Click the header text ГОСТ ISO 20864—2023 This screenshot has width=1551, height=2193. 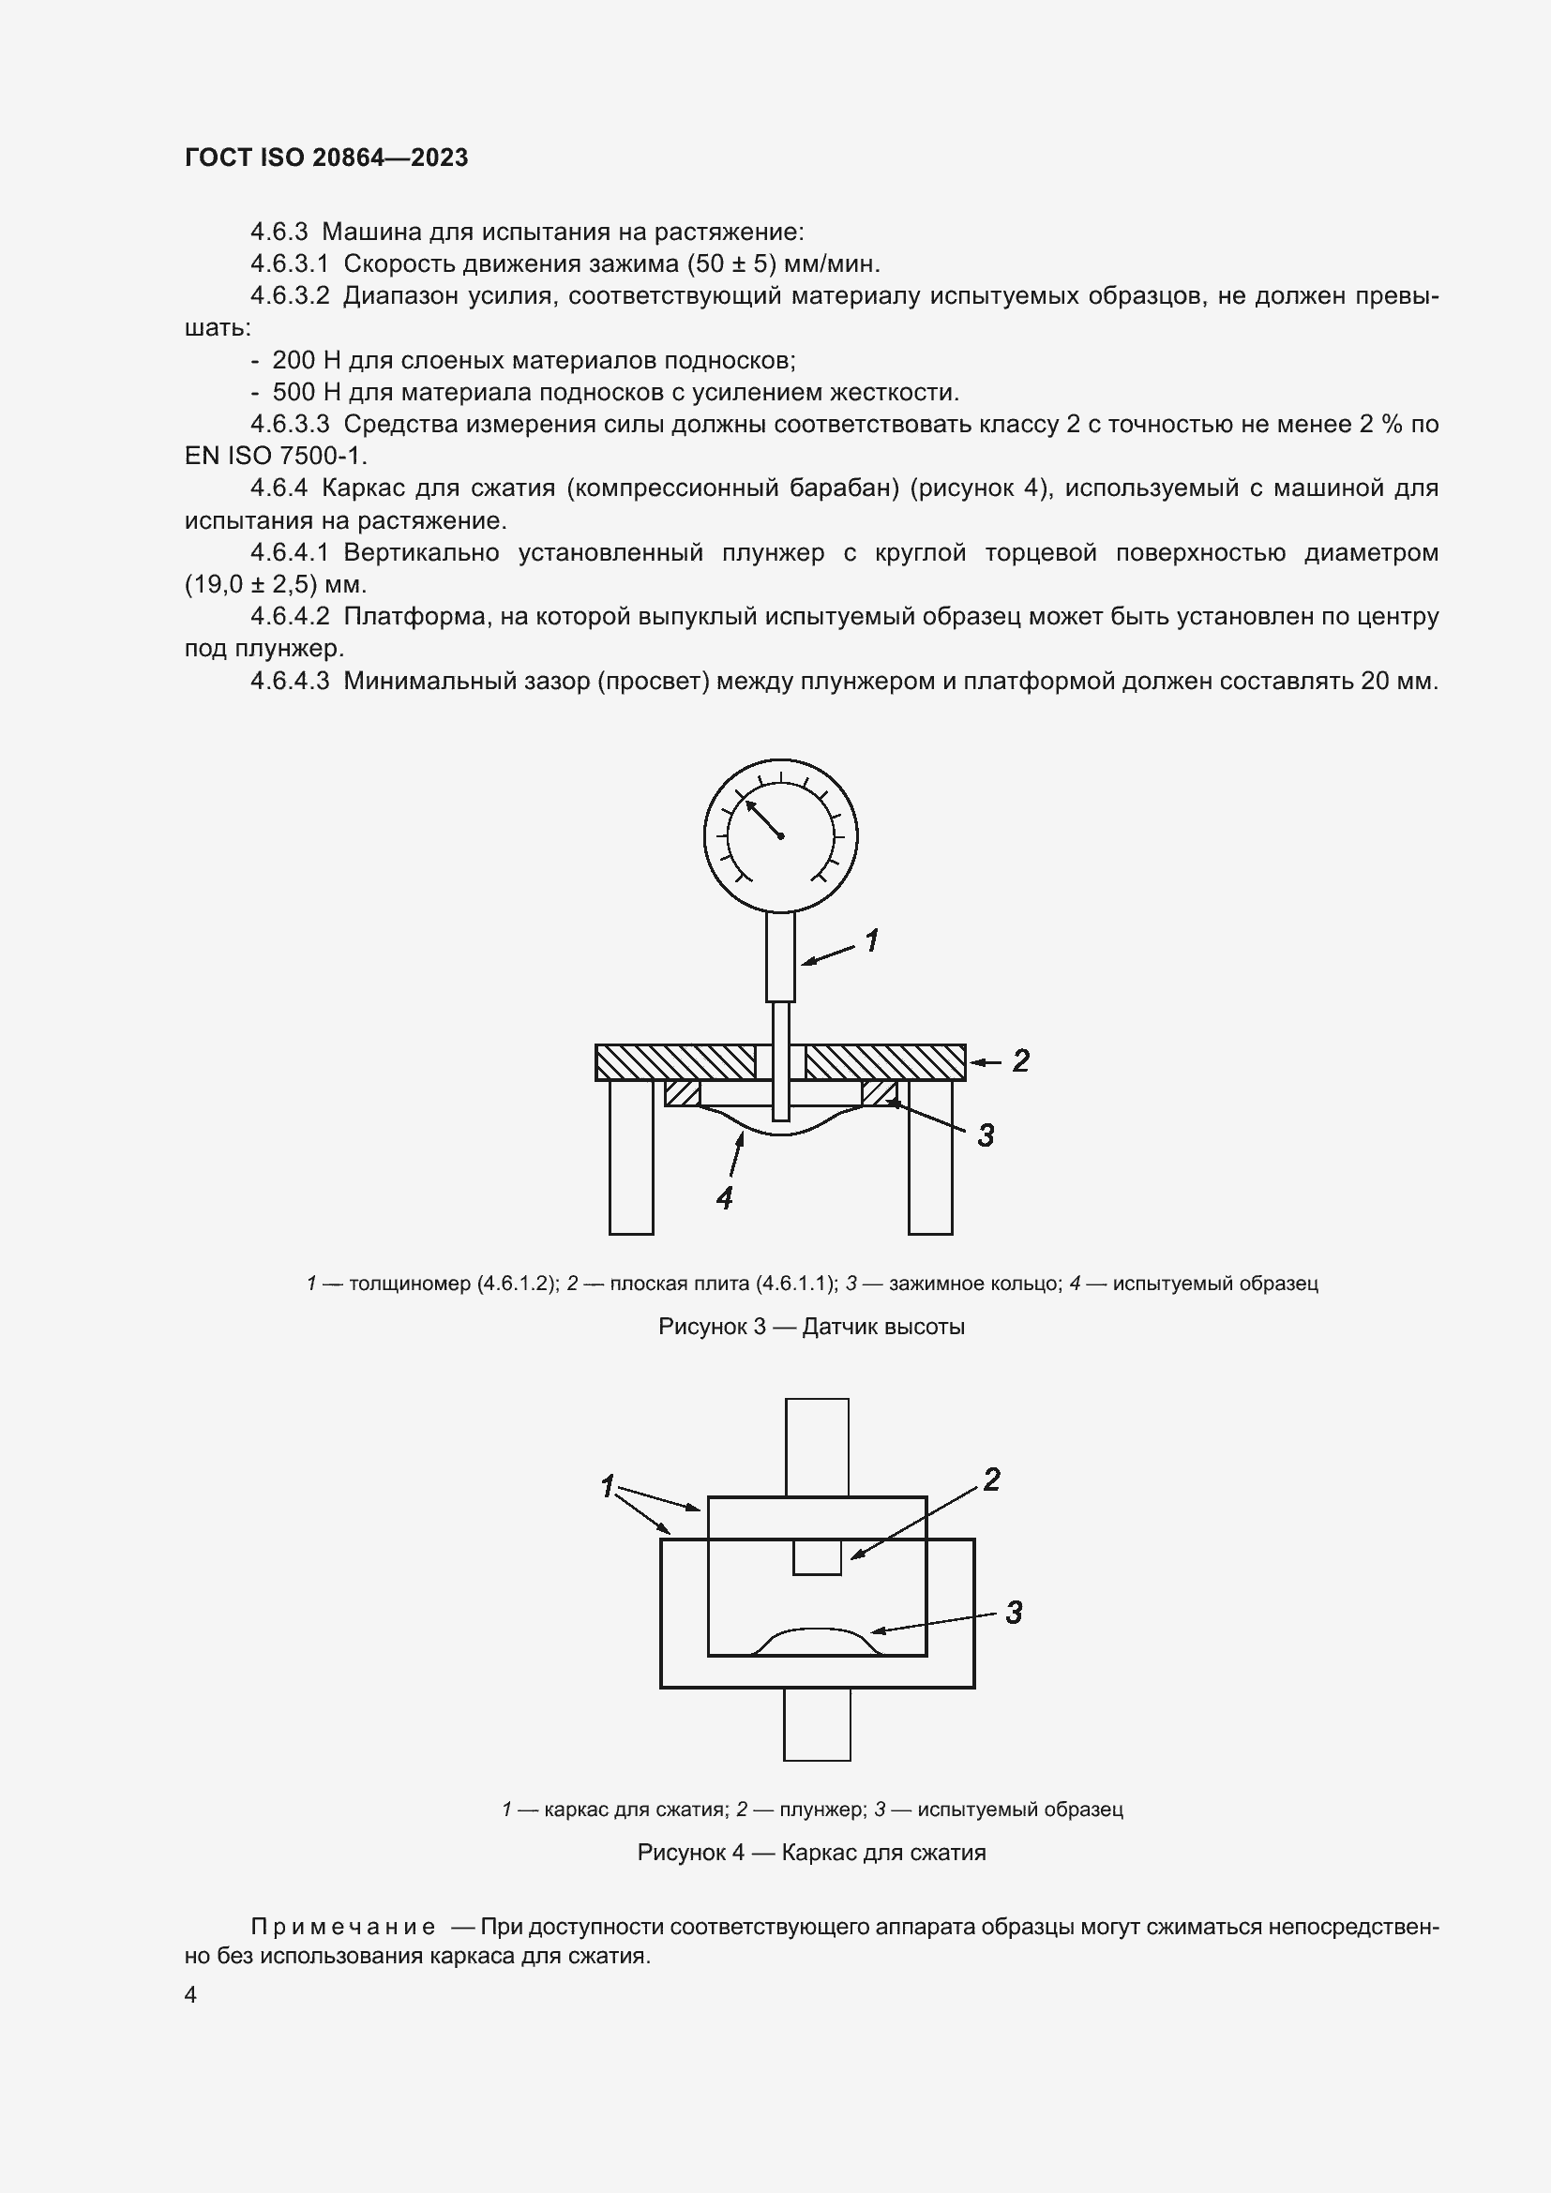click(x=326, y=158)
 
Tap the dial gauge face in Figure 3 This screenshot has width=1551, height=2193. click(x=780, y=835)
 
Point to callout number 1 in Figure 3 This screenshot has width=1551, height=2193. click(x=871, y=941)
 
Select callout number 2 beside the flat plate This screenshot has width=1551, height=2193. click(x=1020, y=1060)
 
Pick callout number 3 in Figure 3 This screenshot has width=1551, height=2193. click(x=986, y=1134)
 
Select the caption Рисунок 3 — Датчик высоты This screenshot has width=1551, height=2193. click(x=811, y=1327)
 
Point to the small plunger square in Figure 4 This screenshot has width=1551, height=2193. click(x=817, y=1558)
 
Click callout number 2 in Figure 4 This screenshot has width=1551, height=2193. click(x=991, y=1480)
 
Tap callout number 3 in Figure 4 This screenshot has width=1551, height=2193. click(x=1014, y=1613)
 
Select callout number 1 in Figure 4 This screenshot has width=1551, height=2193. click(x=608, y=1486)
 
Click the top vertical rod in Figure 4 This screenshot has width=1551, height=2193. click(x=817, y=1446)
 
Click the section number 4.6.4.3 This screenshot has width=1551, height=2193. click(x=290, y=681)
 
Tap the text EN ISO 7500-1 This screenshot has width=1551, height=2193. click(x=275, y=456)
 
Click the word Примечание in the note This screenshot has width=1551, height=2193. click(x=342, y=1927)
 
